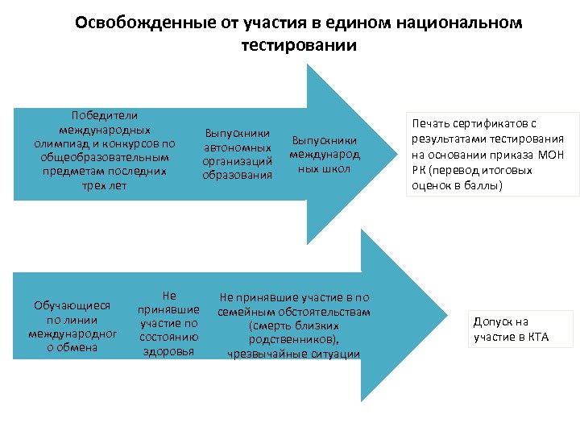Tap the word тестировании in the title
tap(298, 45)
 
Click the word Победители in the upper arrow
tap(105, 116)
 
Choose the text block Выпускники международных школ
tap(325, 153)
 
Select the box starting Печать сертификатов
tap(495, 154)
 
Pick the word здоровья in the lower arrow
tap(168, 351)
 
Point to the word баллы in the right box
tap(482, 185)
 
